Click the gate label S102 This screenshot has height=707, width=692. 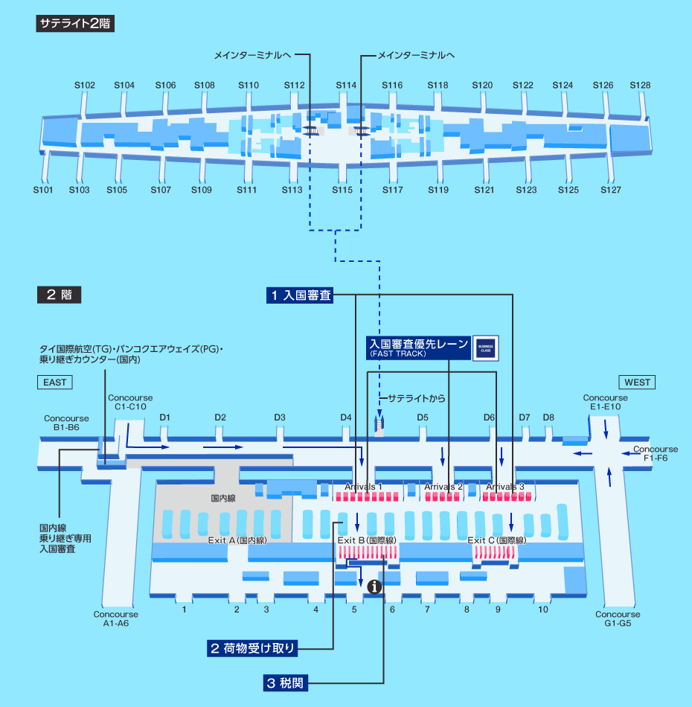[x=85, y=86]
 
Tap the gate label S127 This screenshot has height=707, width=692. [x=610, y=190]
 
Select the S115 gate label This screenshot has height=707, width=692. [x=342, y=190]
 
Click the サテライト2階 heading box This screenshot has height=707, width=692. [x=74, y=23]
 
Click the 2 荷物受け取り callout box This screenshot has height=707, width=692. [x=252, y=648]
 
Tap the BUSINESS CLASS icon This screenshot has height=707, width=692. [x=486, y=348]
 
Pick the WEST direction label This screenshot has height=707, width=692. [x=637, y=383]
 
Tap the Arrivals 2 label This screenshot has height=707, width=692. [x=443, y=487]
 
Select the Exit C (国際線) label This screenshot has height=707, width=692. [x=496, y=540]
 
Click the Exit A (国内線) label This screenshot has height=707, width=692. [x=237, y=540]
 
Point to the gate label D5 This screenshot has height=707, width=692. [x=423, y=418]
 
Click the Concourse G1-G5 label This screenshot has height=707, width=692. [x=618, y=619]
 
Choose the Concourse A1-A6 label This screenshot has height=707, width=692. [x=116, y=619]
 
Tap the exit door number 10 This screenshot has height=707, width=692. [x=543, y=610]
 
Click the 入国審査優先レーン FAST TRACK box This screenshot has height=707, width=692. [x=419, y=348]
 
